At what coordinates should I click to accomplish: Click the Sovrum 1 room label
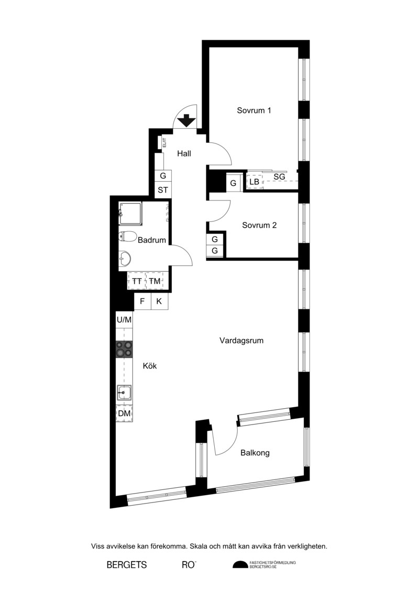pos(254,110)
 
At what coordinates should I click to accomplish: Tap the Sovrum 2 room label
pos(259,226)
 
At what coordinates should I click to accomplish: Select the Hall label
pos(184,154)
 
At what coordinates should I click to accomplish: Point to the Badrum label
pos(152,240)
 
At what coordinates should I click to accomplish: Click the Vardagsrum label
pos(241,341)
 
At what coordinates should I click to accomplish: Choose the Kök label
pos(150,366)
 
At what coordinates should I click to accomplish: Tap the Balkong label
pos(255,453)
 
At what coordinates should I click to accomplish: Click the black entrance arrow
pos(186,120)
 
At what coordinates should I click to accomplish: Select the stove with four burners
pos(124,349)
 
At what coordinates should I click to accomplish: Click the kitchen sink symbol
pos(124,393)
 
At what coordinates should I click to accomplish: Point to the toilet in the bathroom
pos(127,237)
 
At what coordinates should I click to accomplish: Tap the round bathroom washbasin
pos(125,259)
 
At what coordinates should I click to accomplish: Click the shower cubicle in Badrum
pos(130,214)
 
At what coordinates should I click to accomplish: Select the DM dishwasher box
pos(124,414)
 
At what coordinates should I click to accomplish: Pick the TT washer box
pos(137,281)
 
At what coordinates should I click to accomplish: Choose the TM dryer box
pos(155,281)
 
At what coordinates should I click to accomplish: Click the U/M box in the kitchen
pos(124,320)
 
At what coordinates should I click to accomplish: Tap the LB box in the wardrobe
pos(254,182)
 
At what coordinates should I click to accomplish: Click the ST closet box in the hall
pos(163,190)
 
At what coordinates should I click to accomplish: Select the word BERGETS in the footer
pos(127,565)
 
